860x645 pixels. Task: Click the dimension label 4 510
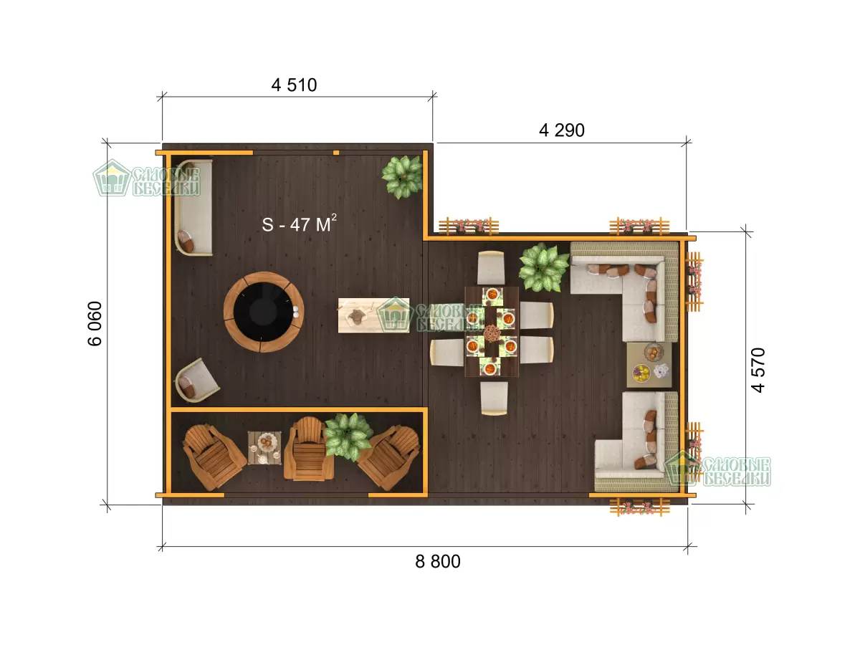294,85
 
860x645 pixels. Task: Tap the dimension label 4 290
561,130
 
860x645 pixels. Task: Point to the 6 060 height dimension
95,323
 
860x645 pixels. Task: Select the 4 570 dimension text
758,370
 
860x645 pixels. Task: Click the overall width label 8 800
438,561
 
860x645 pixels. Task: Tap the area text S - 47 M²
300,224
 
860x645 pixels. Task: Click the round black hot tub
264,312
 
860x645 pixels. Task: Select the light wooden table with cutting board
373,315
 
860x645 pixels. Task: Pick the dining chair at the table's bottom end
494,398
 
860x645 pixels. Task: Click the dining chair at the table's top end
491,267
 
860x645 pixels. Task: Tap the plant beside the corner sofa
544,267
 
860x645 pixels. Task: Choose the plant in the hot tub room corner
402,176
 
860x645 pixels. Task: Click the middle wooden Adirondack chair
308,449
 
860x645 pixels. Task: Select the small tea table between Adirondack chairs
264,448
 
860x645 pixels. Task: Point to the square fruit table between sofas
649,365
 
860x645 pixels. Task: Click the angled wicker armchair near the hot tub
196,381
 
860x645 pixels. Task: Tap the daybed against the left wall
193,208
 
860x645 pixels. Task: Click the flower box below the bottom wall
639,507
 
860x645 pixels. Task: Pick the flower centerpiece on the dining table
492,333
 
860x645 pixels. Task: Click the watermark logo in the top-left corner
146,178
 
